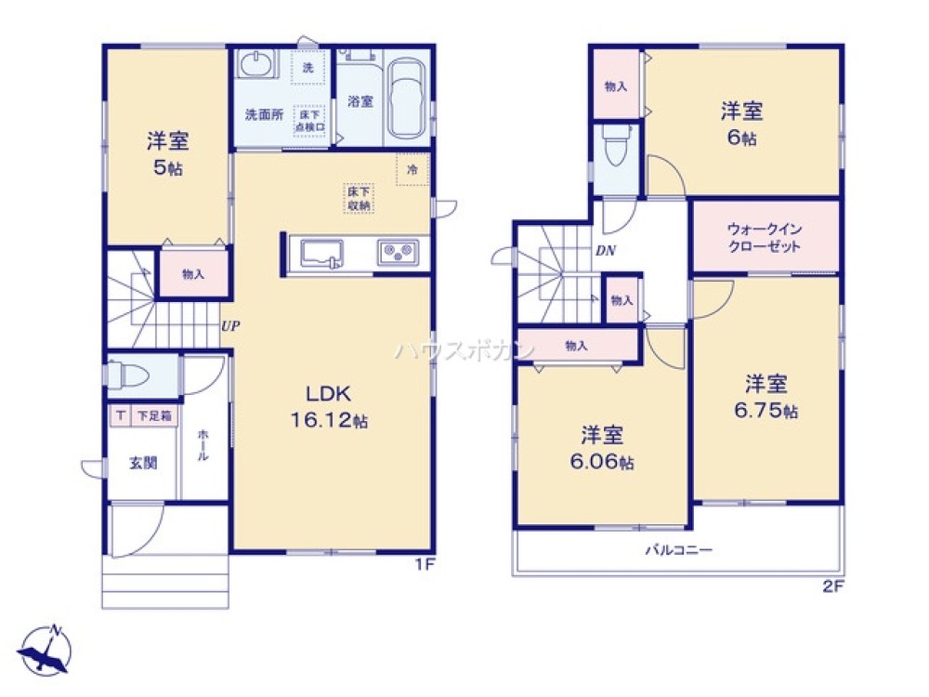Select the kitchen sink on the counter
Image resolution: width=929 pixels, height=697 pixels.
tap(318, 253)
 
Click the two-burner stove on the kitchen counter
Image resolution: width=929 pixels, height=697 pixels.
tap(398, 252)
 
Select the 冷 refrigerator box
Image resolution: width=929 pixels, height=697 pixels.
tap(411, 169)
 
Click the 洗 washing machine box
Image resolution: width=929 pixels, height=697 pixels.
tap(307, 67)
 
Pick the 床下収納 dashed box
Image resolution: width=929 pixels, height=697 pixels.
tap(359, 197)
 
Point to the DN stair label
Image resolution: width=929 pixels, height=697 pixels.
tap(606, 250)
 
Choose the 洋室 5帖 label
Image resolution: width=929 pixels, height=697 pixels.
tap(167, 153)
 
